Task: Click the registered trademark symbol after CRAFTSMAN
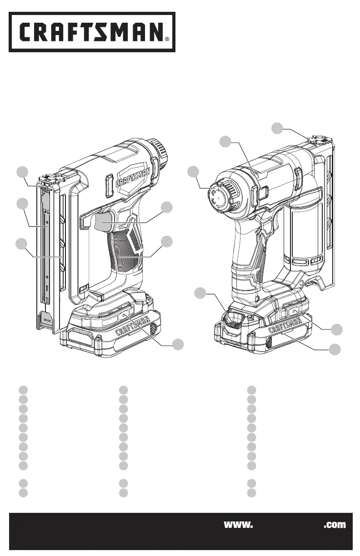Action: pos(167,39)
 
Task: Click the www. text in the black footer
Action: pos(238,525)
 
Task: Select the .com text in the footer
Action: pos(335,525)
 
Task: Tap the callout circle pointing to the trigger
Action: pos(167,207)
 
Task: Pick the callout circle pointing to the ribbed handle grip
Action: pos(167,242)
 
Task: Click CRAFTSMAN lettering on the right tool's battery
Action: pos(285,325)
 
